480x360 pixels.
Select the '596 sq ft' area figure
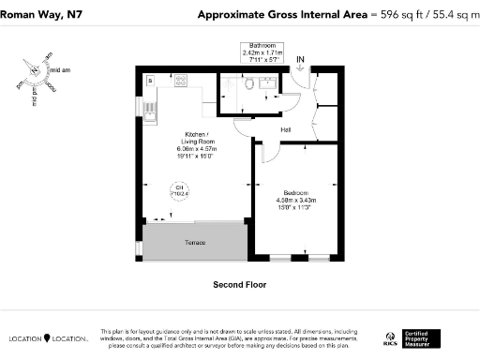tap(391, 14)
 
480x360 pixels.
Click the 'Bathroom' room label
tap(262, 46)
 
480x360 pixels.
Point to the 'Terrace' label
tap(194, 243)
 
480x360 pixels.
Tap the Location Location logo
tap(48, 338)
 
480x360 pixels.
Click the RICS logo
tap(390, 338)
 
